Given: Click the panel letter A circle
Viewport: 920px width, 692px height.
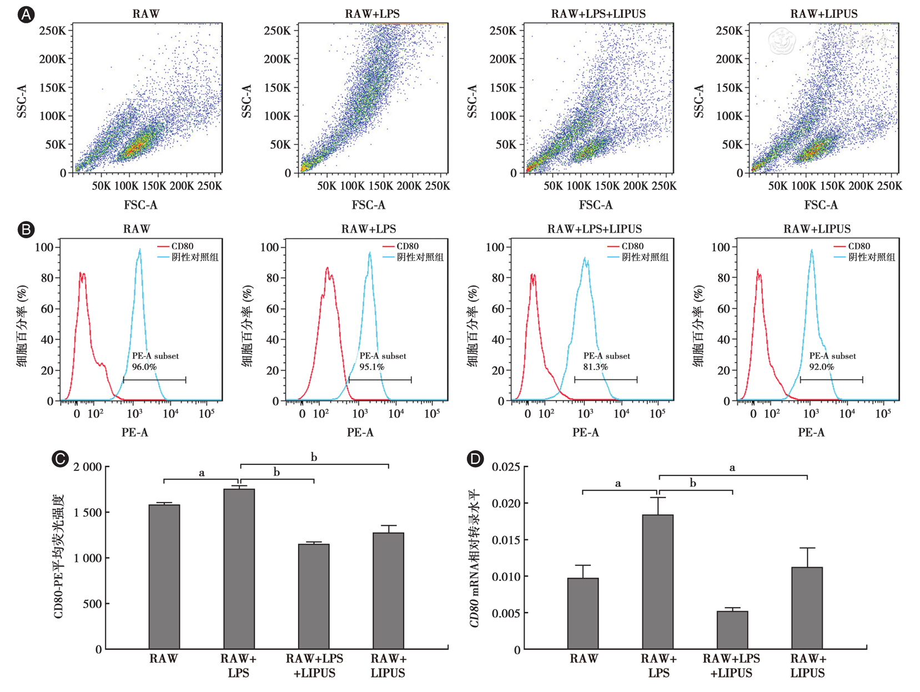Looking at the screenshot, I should click(26, 14).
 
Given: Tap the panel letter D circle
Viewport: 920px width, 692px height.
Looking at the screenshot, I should click(476, 459).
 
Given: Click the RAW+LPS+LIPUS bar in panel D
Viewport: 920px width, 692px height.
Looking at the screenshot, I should click(732, 630).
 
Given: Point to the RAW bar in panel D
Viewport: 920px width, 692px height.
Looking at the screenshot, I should click(583, 613).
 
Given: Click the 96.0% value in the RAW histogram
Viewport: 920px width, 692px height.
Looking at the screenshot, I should click(144, 367).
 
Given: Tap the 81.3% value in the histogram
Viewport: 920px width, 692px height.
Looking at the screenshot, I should click(596, 367).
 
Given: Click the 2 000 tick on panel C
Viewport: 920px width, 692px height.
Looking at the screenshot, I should click(88, 467).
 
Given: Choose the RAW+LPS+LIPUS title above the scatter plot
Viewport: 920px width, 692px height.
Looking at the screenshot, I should click(599, 14).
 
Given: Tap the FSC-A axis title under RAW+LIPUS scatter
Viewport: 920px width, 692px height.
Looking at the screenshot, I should click(821, 205).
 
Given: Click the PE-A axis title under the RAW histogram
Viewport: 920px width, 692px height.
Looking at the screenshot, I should click(135, 432).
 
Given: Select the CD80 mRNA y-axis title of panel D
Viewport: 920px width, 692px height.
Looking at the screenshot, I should click(474, 558).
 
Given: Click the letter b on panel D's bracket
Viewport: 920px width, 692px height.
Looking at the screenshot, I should click(693, 483).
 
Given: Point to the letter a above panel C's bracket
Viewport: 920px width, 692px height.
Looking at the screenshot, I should click(202, 473).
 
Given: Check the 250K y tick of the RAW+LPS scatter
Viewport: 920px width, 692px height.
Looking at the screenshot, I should click(277, 31).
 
